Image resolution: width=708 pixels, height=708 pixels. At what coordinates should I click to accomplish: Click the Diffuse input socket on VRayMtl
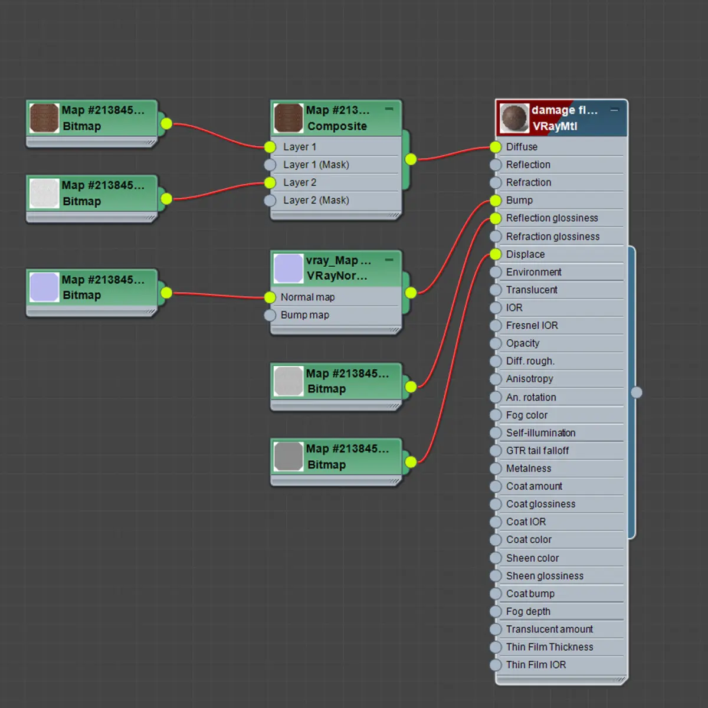[496, 147]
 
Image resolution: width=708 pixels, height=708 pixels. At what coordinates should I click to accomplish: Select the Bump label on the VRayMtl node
[519, 200]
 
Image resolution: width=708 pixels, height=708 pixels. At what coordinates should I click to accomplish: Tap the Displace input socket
[496, 254]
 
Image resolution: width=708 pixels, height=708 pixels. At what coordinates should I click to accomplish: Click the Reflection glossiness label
[552, 218]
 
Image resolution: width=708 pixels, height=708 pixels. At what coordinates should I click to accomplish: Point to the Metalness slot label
[528, 468]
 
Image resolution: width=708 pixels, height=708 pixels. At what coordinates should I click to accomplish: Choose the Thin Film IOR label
[536, 665]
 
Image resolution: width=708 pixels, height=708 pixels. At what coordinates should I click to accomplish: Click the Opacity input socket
[496, 343]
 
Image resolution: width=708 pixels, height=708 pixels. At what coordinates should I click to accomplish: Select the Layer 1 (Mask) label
[316, 165]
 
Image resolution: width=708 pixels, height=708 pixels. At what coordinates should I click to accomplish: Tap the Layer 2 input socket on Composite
[270, 183]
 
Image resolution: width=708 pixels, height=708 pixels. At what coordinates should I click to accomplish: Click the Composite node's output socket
[411, 159]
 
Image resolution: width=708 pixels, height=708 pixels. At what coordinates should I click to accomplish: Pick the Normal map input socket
[270, 297]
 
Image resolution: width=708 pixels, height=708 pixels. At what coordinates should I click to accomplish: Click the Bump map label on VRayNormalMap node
[304, 315]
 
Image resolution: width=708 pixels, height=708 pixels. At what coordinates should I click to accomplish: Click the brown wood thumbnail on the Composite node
[289, 118]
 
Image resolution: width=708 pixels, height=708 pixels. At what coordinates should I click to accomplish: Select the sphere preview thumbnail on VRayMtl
[514, 118]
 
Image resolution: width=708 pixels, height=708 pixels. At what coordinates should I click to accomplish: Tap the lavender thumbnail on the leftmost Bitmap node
[44, 287]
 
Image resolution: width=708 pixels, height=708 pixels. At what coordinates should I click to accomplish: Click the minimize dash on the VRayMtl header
[614, 110]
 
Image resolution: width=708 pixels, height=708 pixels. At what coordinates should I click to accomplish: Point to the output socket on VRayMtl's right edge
[637, 392]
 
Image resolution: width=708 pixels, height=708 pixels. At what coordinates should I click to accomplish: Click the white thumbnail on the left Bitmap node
[44, 193]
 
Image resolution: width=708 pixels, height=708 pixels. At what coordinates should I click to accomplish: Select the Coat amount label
[534, 486]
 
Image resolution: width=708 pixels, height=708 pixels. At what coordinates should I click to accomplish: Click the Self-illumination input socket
[496, 433]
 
